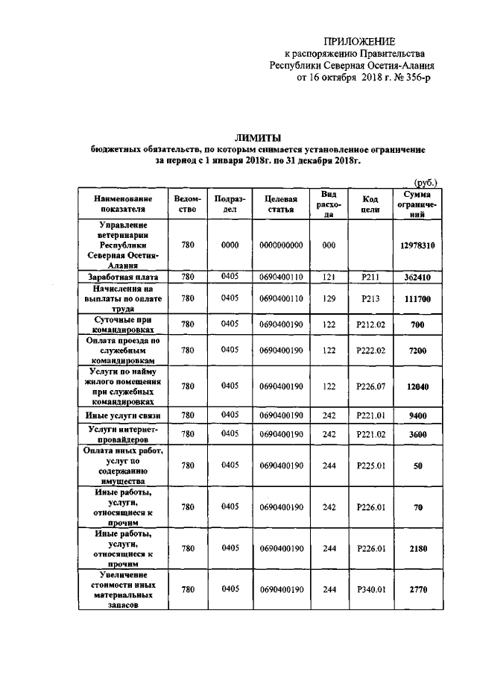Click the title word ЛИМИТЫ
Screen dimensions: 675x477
pyautogui.click(x=257, y=138)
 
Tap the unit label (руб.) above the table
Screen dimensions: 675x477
pyautogui.click(x=426, y=181)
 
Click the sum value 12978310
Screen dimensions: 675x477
pyautogui.click(x=416, y=245)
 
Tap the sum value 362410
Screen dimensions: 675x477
pyautogui.click(x=416, y=277)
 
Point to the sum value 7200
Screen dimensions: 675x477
pyautogui.click(x=416, y=350)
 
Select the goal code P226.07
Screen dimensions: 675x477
pyautogui.click(x=370, y=386)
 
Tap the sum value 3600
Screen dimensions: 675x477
pyautogui.click(x=416, y=434)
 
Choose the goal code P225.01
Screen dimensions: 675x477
pyautogui.click(x=370, y=465)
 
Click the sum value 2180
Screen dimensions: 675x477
pyautogui.click(x=416, y=549)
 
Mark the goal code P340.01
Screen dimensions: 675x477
pyautogui.click(x=370, y=590)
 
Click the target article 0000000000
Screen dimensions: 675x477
pyautogui.click(x=280, y=245)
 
